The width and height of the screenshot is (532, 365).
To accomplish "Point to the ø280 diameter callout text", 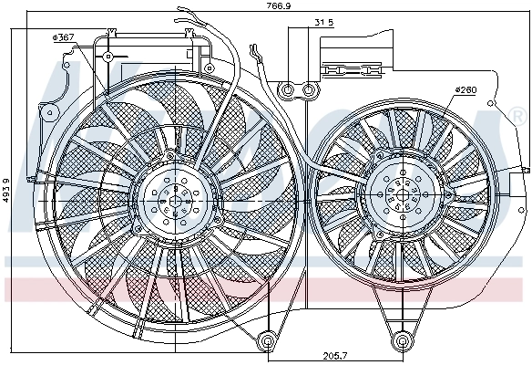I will (x=465, y=89).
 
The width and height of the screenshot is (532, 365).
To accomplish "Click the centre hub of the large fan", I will (x=172, y=196).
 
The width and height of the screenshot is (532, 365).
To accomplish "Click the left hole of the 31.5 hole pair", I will (x=289, y=89).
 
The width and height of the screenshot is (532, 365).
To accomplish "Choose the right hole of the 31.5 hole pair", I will (x=310, y=89).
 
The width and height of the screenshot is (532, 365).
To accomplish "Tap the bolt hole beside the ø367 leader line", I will (x=107, y=57).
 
